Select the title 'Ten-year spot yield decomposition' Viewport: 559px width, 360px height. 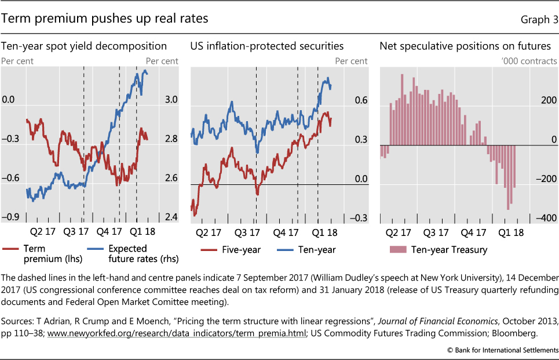(x=84, y=46)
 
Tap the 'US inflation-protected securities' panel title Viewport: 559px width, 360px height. (x=267, y=46)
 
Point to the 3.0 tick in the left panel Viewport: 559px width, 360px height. (x=155, y=100)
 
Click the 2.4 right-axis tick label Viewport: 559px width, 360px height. (x=155, y=217)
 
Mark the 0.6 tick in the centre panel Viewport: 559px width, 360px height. (x=361, y=100)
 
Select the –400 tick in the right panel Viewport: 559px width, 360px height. (x=545, y=217)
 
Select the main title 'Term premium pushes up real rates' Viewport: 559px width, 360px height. (x=105, y=19)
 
